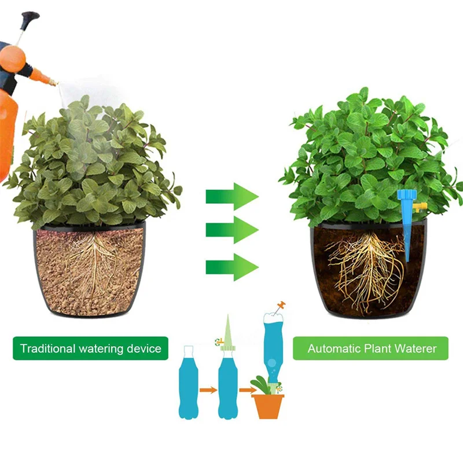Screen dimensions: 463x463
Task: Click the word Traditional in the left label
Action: pyautogui.click(x=47, y=349)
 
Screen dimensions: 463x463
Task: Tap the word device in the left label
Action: pyautogui.click(x=142, y=349)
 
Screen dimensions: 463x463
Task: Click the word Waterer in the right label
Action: pyautogui.click(x=416, y=349)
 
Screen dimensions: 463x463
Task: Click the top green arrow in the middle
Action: pyautogui.click(x=231, y=195)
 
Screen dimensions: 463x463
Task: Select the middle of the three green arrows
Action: pyautogui.click(x=231, y=230)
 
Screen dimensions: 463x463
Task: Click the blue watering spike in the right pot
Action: pyautogui.click(x=407, y=226)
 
